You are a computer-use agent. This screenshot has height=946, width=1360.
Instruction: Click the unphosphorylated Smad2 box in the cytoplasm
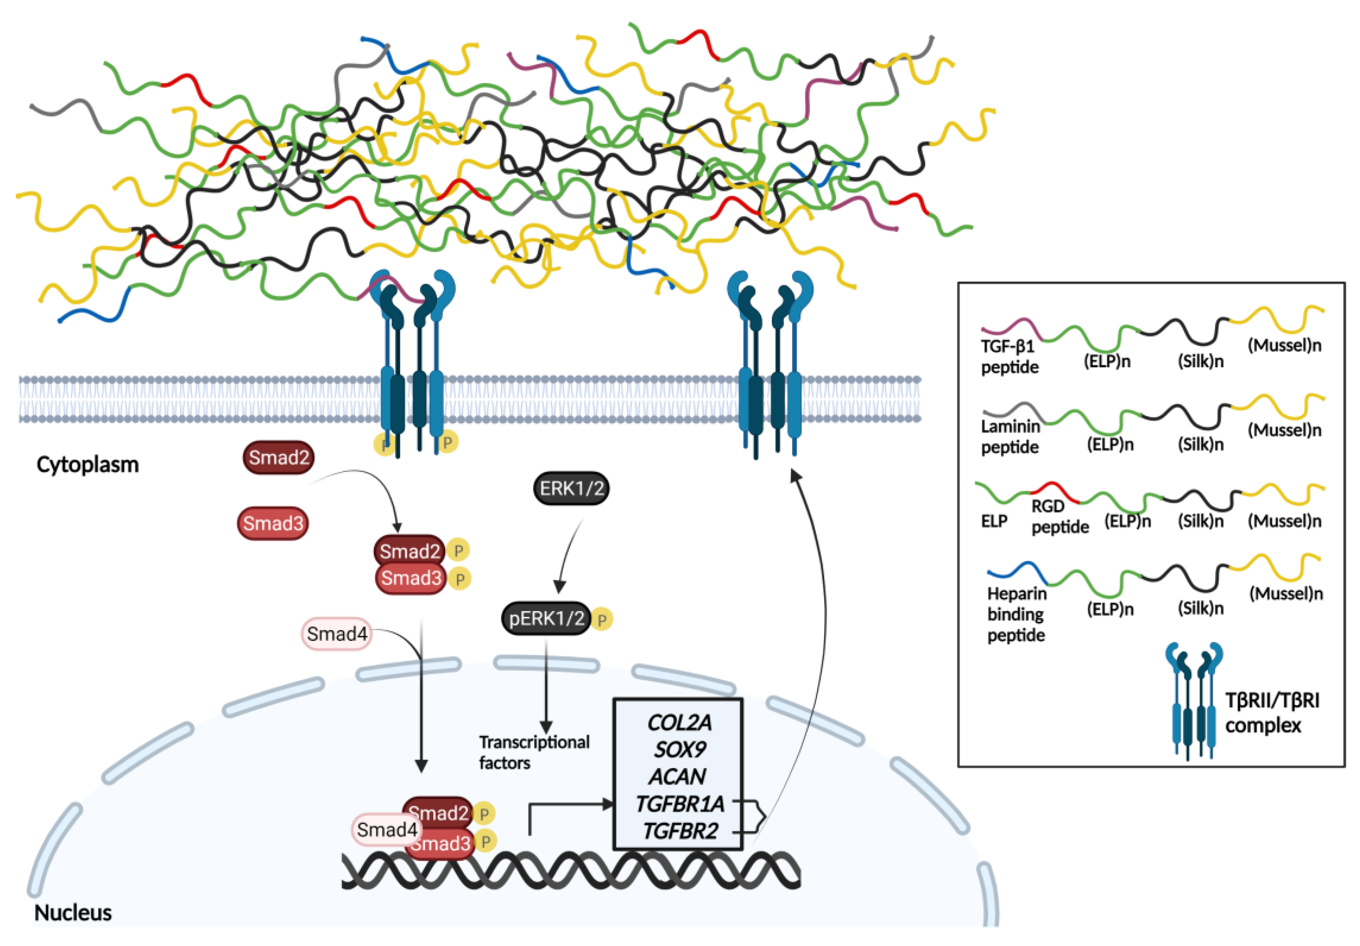click(279, 457)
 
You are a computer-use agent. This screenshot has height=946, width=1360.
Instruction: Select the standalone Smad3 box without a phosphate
click(273, 523)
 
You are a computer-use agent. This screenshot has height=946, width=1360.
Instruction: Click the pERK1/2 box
click(546, 618)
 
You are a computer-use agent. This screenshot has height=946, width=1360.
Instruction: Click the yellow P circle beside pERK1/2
click(602, 619)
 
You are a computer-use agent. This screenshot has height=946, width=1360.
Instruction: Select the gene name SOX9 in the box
click(679, 749)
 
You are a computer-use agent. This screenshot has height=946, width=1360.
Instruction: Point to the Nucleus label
click(73, 913)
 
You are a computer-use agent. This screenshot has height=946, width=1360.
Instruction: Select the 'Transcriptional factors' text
click(534, 752)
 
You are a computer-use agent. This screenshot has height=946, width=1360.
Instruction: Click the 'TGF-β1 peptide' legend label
click(1009, 357)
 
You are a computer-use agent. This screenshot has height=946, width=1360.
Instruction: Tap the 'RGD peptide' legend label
click(1060, 517)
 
